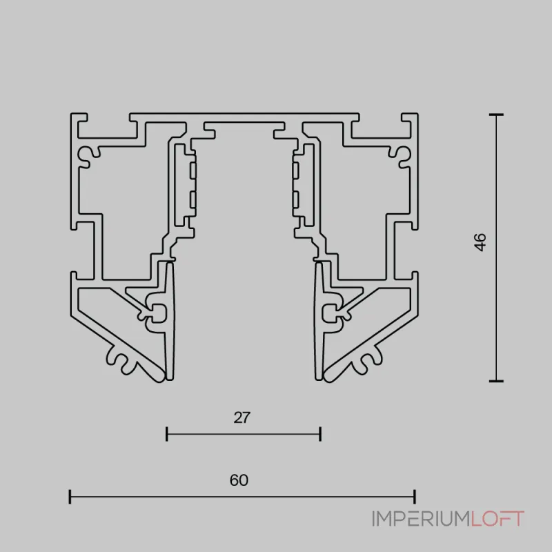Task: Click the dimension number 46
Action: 480,242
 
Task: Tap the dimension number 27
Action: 242,417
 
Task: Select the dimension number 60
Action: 239,480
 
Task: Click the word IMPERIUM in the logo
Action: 421,519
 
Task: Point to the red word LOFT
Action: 497,519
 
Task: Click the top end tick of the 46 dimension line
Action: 496,115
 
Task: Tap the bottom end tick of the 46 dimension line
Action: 496,381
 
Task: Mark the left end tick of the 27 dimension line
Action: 166,434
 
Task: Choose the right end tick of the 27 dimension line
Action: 320,434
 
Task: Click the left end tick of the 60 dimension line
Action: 70,497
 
